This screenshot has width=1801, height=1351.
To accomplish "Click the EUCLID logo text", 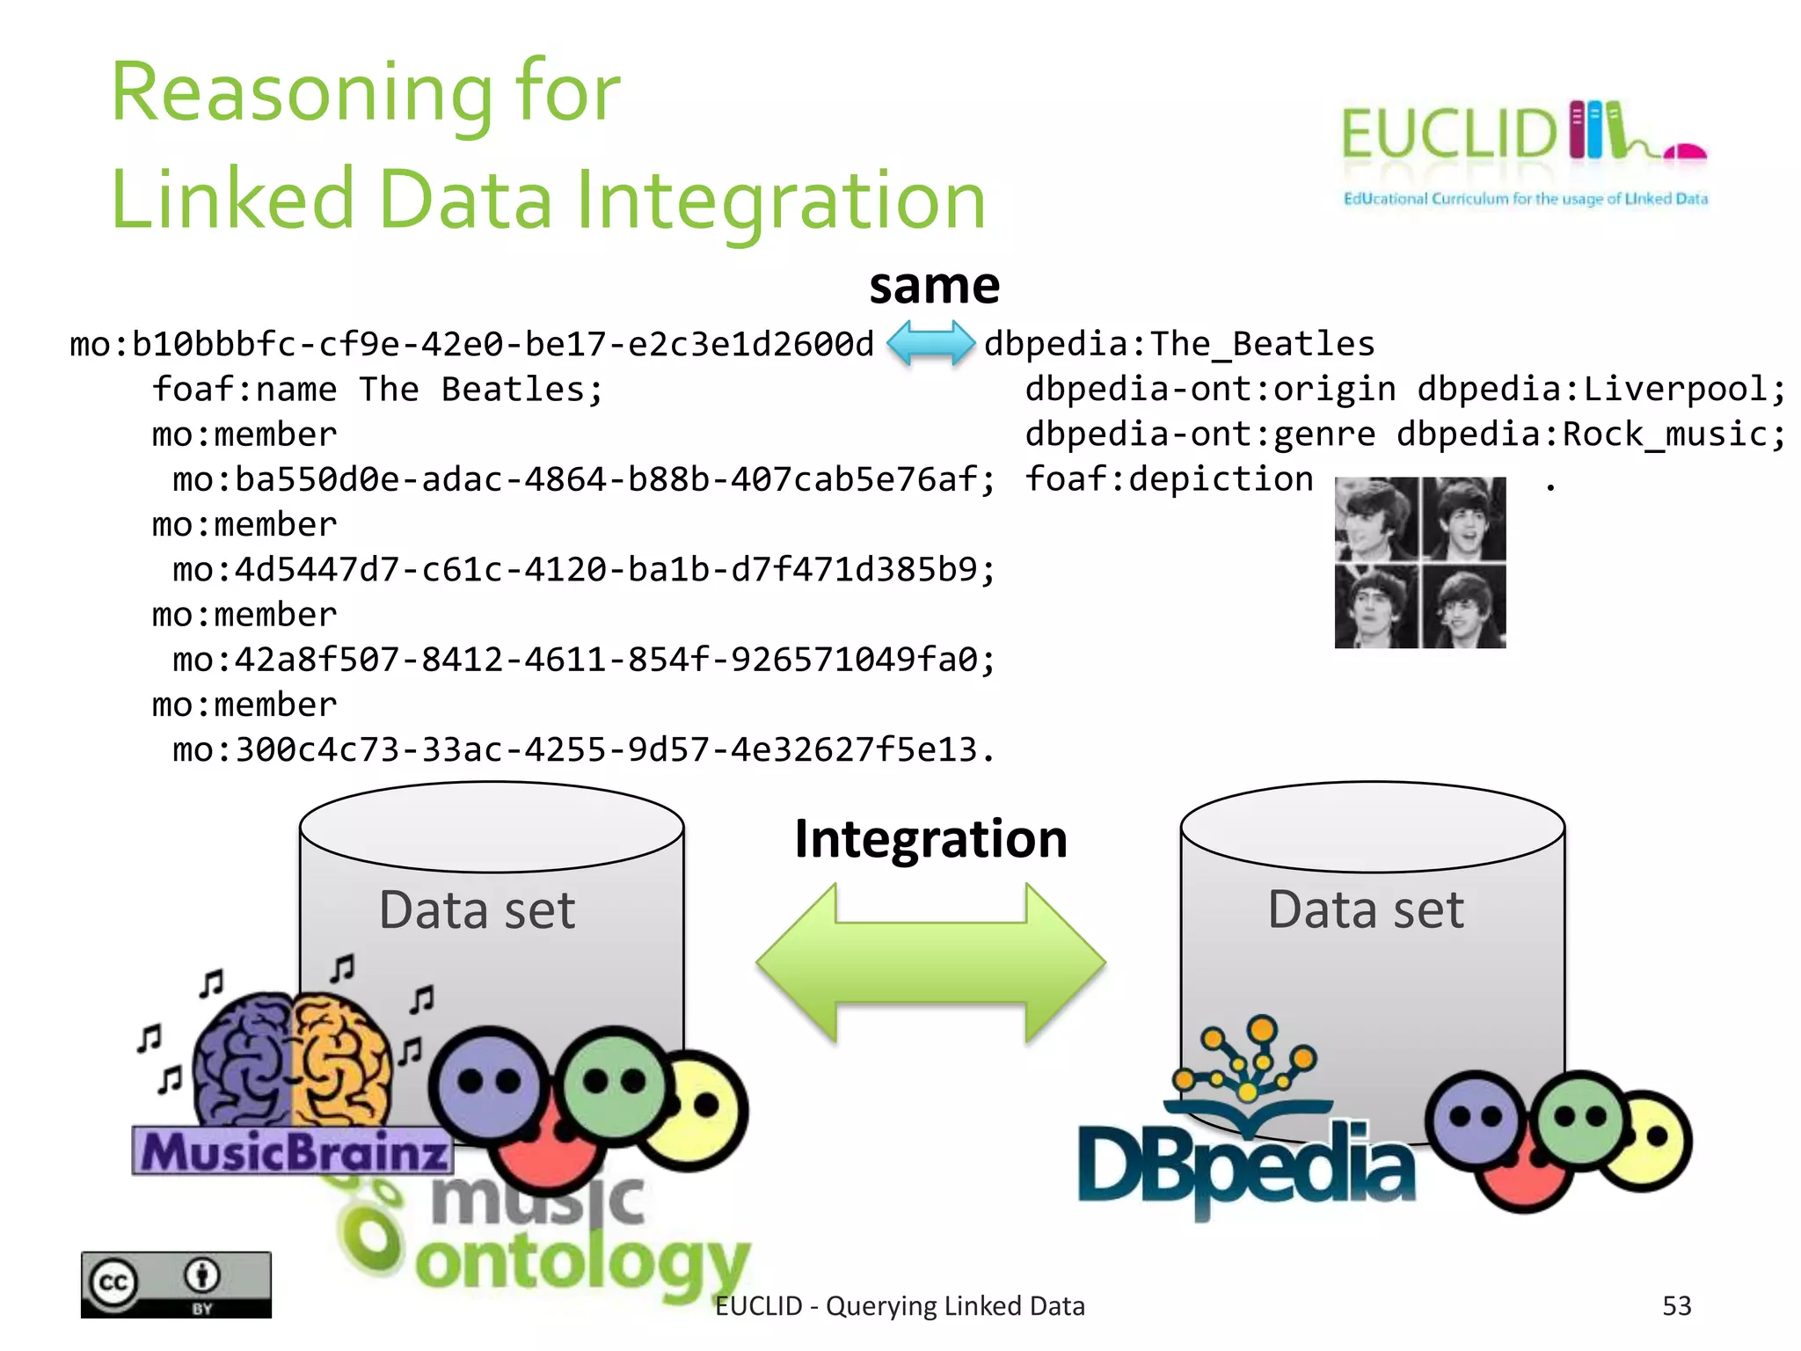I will point(1449,135).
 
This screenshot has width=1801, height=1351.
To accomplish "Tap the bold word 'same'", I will point(934,286).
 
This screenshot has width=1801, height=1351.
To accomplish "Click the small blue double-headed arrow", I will point(930,343).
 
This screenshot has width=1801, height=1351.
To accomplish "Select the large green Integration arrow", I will point(930,963).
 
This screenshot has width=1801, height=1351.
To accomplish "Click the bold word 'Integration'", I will point(930,838).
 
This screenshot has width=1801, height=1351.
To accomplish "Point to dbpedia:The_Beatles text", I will point(1178,344).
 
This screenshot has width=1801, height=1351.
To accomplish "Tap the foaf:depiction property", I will point(1169,479).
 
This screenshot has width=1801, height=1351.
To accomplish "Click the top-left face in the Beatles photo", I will point(1374,519).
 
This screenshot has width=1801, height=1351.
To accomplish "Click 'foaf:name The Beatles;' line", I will point(377,389).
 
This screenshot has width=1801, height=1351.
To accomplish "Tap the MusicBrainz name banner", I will point(293,1151).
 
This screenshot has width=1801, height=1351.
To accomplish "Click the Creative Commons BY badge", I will point(176,1284).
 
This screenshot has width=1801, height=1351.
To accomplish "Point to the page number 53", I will point(1676,1306).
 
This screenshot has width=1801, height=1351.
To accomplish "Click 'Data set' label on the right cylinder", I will point(1366,909).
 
